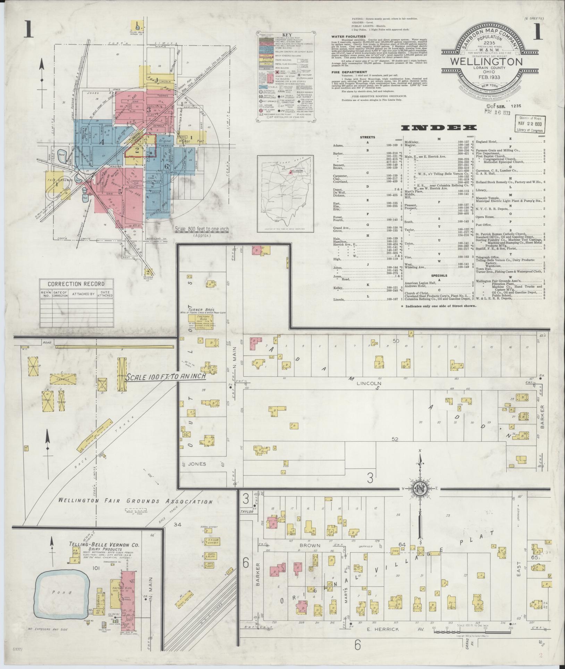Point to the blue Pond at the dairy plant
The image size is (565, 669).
pos(62,592)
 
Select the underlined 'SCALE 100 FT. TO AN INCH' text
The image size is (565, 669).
pos(166,377)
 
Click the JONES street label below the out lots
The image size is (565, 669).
pos(197,464)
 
